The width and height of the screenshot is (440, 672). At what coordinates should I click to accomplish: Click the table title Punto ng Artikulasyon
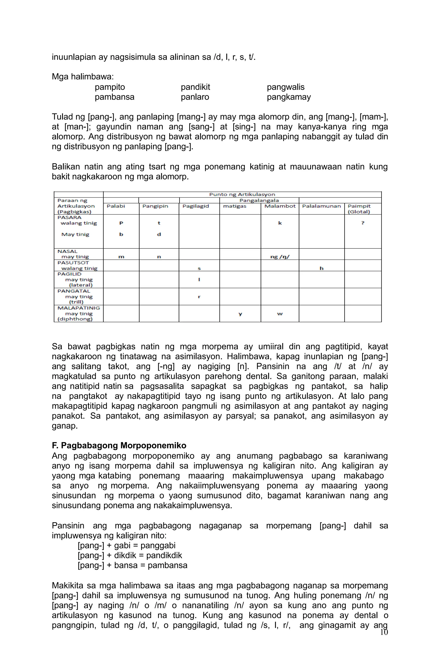click(x=242, y=194)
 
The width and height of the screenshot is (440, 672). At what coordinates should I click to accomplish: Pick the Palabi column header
click(x=116, y=206)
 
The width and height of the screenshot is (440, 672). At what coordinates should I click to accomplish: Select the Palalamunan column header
click(x=321, y=206)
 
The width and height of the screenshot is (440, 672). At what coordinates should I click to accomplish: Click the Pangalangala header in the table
click(x=259, y=200)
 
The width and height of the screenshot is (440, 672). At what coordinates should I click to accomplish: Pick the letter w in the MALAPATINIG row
click(x=280, y=314)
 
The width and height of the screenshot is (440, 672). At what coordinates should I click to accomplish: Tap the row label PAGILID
click(x=69, y=274)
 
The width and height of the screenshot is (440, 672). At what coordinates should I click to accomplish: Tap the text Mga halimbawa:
click(x=82, y=77)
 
